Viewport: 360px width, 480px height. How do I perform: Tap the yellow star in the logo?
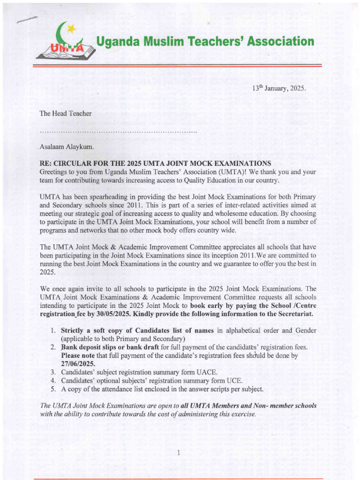click(x=71, y=29)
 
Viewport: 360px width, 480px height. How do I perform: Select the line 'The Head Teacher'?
click(x=66, y=113)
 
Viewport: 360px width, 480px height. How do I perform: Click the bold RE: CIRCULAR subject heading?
click(x=156, y=163)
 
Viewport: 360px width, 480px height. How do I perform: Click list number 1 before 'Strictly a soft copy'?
click(x=53, y=330)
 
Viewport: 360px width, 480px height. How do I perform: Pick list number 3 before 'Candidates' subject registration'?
click(x=53, y=372)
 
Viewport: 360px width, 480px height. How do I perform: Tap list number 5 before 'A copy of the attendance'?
click(x=53, y=389)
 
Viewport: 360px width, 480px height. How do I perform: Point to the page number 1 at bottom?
click(x=179, y=452)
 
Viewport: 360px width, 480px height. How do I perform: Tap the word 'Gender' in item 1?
click(x=306, y=330)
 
